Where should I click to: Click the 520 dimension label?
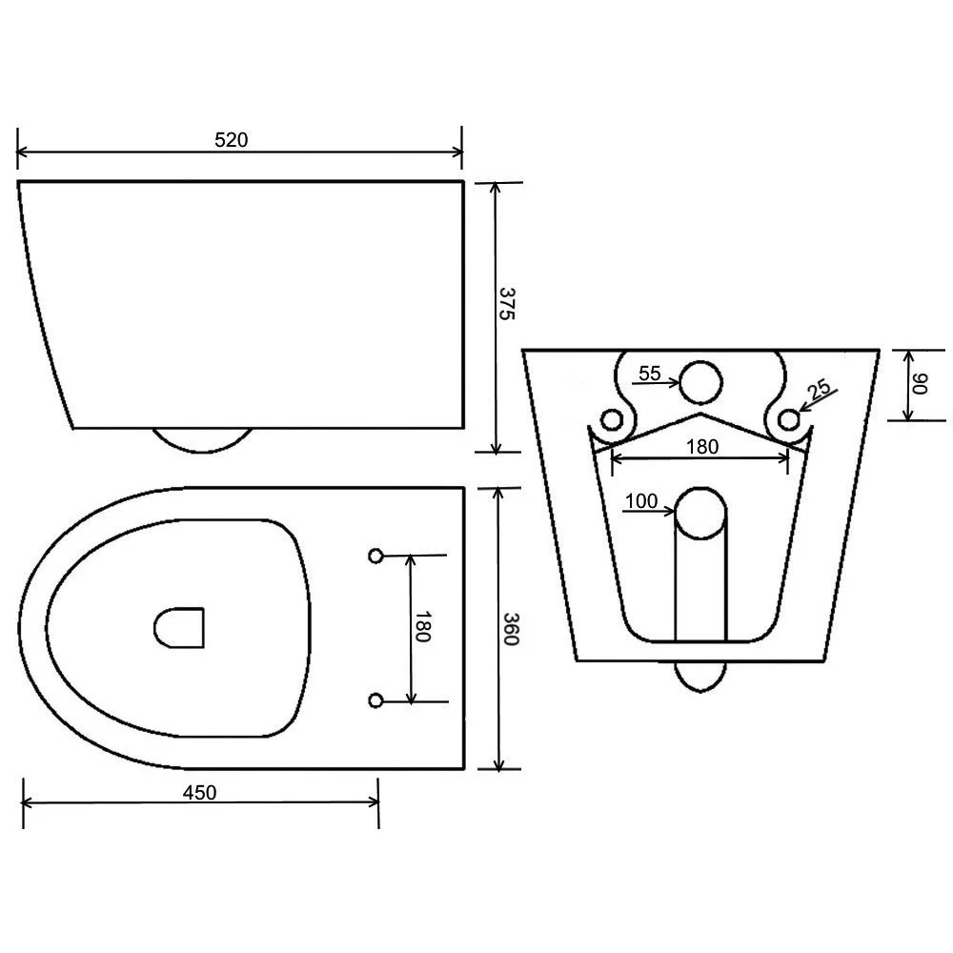pos(231,140)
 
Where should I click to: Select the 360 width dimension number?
pos(509,630)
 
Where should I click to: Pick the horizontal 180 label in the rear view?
pos(702,447)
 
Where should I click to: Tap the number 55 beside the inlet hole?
pos(650,374)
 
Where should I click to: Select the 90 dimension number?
pos(920,384)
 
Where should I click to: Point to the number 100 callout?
pos(641,502)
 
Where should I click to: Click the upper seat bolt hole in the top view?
pos(375,555)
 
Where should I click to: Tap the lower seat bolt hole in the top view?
pos(375,701)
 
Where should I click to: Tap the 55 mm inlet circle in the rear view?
pos(702,382)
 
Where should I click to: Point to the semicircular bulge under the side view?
pos(204,439)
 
